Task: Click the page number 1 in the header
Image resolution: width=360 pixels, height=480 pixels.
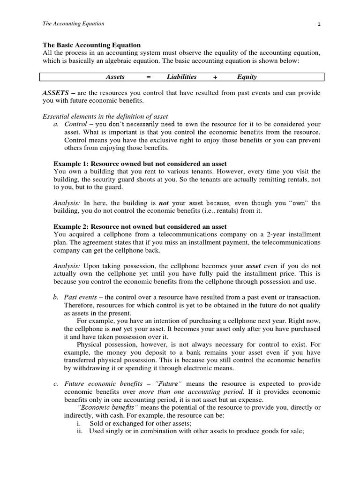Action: pos(319,24)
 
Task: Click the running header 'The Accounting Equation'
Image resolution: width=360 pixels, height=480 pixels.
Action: pos(73,23)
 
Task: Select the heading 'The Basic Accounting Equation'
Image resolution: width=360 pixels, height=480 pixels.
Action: pos(91,45)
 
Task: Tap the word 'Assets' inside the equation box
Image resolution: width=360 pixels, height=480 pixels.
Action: pos(115,77)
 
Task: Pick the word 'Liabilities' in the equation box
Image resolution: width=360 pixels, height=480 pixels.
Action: pos(181,77)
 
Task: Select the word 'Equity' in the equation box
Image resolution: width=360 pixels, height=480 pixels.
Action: pos(247,77)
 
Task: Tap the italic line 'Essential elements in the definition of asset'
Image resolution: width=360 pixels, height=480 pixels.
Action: pos(105,116)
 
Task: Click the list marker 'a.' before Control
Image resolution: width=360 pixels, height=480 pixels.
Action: pos(56,124)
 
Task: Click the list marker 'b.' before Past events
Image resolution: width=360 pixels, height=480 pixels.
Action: pos(56,298)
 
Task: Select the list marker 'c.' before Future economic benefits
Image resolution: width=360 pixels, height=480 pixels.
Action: pos(56,384)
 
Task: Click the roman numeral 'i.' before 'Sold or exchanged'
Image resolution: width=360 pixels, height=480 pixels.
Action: pos(79,424)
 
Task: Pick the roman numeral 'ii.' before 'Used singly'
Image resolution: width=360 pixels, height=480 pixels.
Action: pos(79,432)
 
